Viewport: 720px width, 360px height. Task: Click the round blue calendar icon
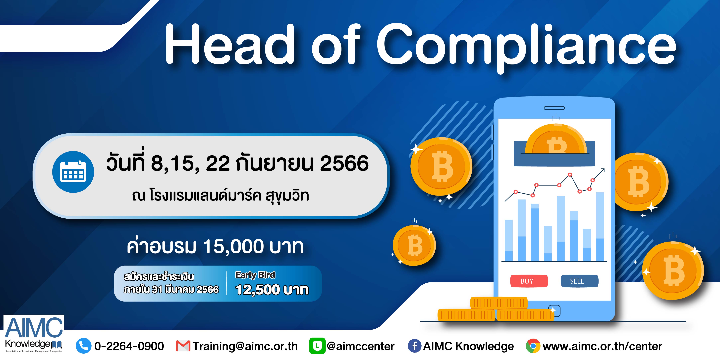(73, 172)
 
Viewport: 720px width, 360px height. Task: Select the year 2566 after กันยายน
(344, 163)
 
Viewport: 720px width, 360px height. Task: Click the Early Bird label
(255, 275)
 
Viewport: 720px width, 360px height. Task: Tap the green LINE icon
(317, 346)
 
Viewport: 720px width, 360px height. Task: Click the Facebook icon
(415, 346)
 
